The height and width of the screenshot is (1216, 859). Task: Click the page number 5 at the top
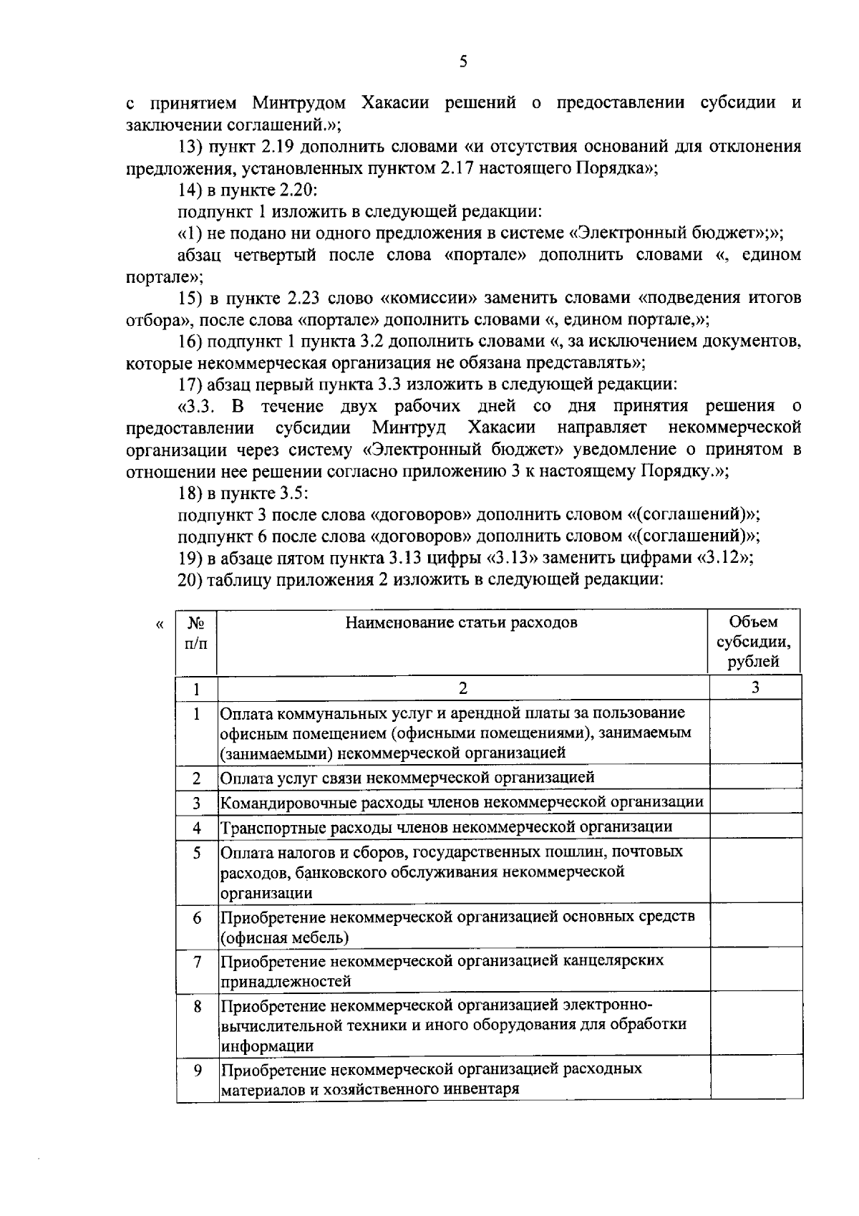pos(463,62)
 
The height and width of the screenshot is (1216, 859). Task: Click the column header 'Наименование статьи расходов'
pos(462,622)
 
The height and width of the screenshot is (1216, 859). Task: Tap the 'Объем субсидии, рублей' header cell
pos(754,642)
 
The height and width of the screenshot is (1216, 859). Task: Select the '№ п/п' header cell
pos(196,632)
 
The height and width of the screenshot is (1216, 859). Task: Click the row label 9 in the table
pos(197,1070)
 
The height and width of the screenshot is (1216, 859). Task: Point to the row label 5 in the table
pos(197,853)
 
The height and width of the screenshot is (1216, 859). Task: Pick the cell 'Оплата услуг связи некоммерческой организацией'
pos(407,777)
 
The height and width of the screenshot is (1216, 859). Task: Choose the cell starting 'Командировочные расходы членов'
pos(462,802)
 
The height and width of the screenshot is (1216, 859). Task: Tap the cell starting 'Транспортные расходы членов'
pos(447,827)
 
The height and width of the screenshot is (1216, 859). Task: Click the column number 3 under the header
pos(755,687)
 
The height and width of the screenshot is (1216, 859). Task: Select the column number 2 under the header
pos(462,688)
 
